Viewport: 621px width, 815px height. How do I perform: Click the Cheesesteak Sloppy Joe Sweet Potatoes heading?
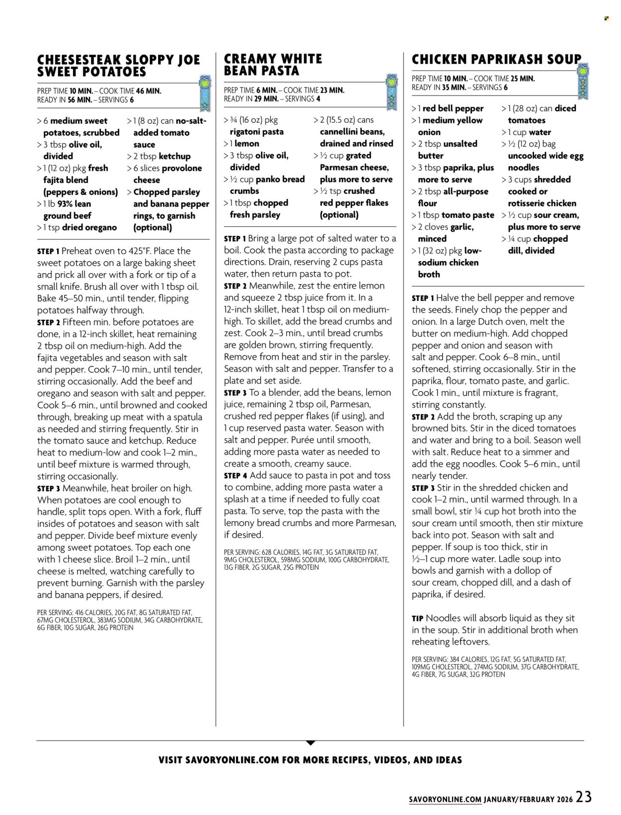point(118,66)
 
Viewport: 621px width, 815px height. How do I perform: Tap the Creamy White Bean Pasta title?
point(273,65)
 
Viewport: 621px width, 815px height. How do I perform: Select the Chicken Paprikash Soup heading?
point(496,59)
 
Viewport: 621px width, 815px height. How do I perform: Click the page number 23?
point(584,797)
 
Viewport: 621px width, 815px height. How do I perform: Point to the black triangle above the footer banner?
point(310,743)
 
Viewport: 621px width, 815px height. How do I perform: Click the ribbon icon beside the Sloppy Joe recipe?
point(204,93)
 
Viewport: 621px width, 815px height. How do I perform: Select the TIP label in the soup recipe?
point(417,618)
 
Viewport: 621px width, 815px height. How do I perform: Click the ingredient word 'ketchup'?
point(174,156)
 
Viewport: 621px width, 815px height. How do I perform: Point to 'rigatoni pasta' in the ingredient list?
point(256,132)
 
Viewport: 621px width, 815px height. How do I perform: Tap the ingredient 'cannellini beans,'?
point(352,132)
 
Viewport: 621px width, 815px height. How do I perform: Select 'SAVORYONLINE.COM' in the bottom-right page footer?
point(445,800)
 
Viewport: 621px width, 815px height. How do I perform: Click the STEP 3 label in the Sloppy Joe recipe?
point(48,489)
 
